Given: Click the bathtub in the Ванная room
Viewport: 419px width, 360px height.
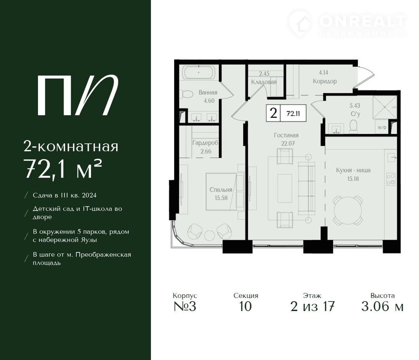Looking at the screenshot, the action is (x=199, y=72).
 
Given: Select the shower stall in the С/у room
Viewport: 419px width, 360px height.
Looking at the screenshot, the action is (x=385, y=107).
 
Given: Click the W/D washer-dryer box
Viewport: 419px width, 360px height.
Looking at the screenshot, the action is (x=382, y=127).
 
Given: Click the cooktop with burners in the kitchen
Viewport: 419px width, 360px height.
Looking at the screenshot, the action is (x=391, y=179).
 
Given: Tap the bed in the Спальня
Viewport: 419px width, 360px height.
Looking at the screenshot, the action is (x=221, y=191).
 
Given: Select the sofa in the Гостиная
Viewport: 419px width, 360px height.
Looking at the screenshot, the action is (x=307, y=188).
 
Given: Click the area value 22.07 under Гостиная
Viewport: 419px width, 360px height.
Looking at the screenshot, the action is (x=288, y=143).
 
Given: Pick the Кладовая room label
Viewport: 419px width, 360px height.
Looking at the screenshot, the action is (x=264, y=82).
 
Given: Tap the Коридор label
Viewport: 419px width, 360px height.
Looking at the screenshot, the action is (x=325, y=81).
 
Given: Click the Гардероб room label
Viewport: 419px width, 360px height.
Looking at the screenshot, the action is (x=205, y=143).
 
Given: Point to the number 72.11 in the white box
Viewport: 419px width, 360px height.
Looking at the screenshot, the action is (x=293, y=114).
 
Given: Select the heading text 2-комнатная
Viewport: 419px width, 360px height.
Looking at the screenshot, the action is (x=71, y=147).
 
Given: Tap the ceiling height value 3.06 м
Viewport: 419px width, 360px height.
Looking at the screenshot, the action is (x=382, y=306).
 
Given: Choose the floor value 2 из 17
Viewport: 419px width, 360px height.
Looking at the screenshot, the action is (x=313, y=306).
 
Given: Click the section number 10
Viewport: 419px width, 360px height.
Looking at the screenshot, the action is (x=245, y=306).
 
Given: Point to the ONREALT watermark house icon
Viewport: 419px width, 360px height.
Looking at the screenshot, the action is (x=300, y=23).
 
